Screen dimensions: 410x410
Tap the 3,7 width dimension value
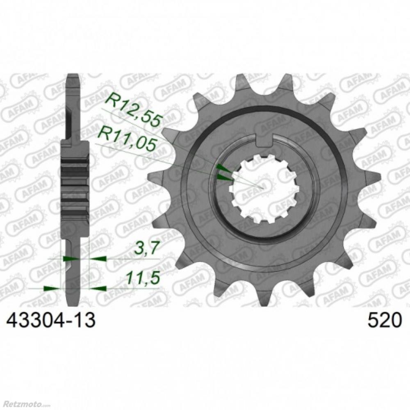pos(147,248)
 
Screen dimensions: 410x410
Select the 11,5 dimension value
pos(143,278)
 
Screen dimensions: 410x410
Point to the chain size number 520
pos(384,320)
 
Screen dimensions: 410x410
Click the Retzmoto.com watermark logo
pos(18,405)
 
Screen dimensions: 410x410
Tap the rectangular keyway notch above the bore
pos(264,140)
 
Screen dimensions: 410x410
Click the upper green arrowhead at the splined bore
pos(224,168)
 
